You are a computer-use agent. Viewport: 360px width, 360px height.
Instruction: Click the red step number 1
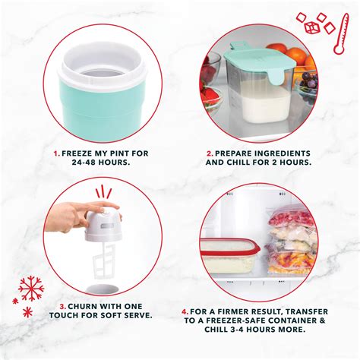(x=57, y=152)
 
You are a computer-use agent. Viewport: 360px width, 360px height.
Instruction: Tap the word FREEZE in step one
(x=76, y=152)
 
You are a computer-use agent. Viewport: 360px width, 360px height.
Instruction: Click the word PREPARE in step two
(x=234, y=152)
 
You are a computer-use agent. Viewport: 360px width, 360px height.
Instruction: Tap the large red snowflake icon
(x=30, y=288)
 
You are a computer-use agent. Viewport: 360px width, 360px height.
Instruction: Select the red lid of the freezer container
(x=228, y=246)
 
